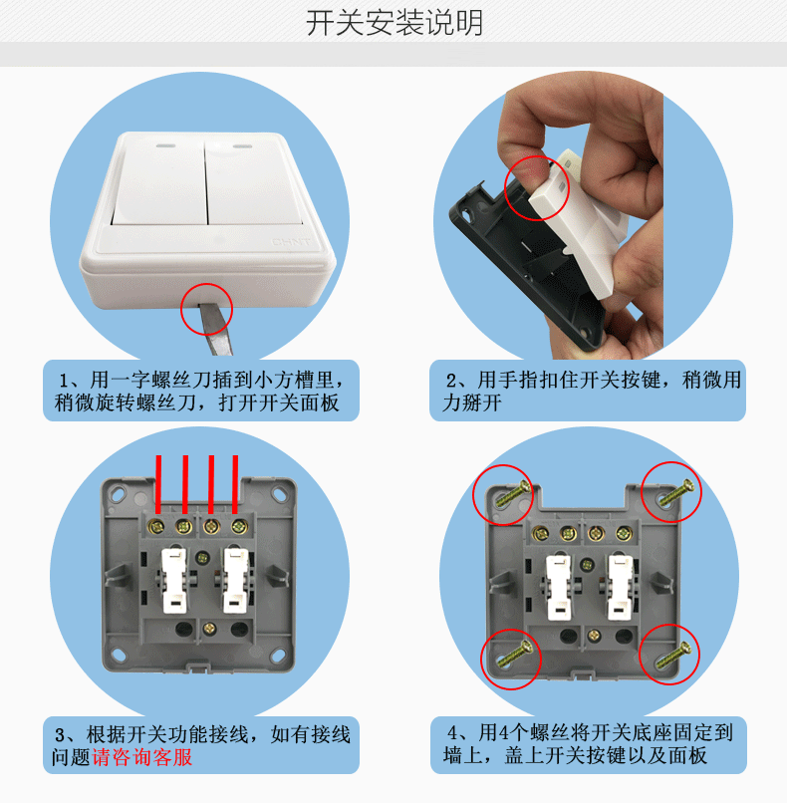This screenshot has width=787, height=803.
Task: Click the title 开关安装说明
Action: [394, 23]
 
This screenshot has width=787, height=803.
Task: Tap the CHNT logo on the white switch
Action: [291, 241]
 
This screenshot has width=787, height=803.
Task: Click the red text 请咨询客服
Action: [142, 757]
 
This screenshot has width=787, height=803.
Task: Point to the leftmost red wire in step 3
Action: [158, 484]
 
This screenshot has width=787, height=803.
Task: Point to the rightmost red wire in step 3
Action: [235, 484]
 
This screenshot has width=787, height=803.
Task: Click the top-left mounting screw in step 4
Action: [514, 492]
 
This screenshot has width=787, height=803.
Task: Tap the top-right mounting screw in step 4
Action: [675, 491]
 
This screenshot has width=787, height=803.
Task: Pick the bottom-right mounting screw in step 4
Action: [673, 657]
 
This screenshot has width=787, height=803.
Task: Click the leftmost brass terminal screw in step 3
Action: [155, 526]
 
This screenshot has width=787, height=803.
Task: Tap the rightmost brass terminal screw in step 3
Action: [239, 526]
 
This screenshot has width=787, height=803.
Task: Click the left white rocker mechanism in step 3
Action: [174, 581]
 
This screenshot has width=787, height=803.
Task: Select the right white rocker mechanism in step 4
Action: [620, 588]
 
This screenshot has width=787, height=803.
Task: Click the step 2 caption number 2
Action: [451, 381]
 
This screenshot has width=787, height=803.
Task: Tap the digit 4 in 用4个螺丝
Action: [503, 733]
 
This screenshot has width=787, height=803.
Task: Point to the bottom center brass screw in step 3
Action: [209, 629]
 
